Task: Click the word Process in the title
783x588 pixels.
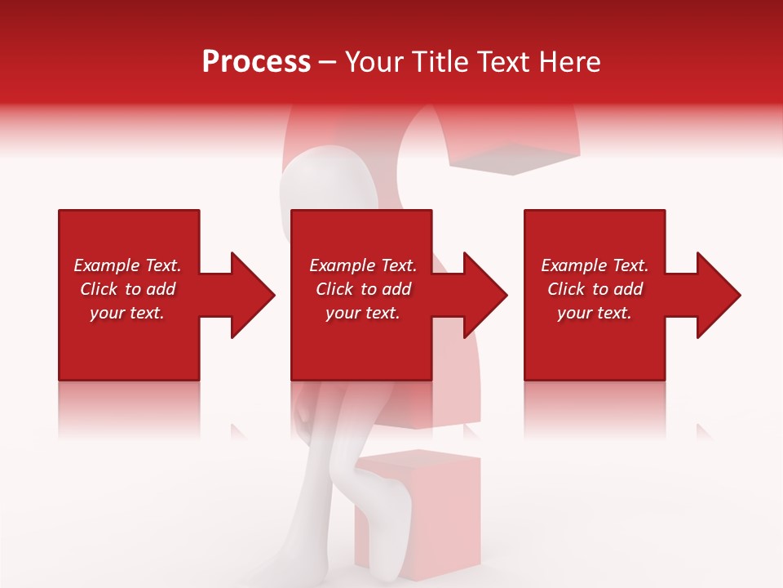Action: pos(256,62)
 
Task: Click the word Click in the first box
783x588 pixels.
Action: pos(99,289)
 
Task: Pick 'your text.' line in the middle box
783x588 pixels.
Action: pos(362,313)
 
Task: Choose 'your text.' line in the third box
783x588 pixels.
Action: pos(594,313)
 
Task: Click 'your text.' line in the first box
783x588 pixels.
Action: pos(126,313)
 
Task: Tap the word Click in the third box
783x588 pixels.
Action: pos(566,289)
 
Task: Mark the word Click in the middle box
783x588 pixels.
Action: pos(334,289)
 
